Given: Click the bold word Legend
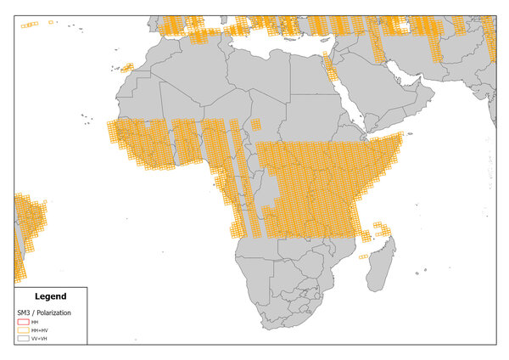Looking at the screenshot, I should click(50, 296).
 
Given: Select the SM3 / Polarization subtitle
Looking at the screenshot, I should click(44, 312).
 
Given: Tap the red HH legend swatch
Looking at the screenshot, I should click(23, 323).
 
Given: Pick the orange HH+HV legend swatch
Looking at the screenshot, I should click(23, 330).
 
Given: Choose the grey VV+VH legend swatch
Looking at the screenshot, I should click(23, 338).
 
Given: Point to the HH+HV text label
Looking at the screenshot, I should click(38, 330).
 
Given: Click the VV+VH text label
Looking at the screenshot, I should click(37, 338).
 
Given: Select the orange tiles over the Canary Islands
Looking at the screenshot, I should click(126, 67).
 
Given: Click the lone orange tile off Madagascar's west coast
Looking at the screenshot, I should click(364, 256).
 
